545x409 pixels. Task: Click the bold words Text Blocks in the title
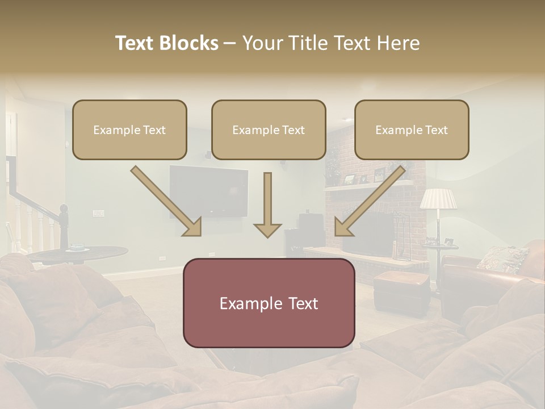[167, 43]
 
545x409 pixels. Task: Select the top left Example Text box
[129, 130]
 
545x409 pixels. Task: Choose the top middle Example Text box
[269, 130]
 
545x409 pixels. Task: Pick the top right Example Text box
[412, 130]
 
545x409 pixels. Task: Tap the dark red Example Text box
[269, 303]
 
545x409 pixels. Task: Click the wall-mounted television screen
[209, 191]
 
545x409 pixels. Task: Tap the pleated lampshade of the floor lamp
[438, 199]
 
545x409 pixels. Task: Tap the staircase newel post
[63, 224]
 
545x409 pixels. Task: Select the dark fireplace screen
[369, 233]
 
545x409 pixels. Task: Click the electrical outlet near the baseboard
[163, 258]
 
